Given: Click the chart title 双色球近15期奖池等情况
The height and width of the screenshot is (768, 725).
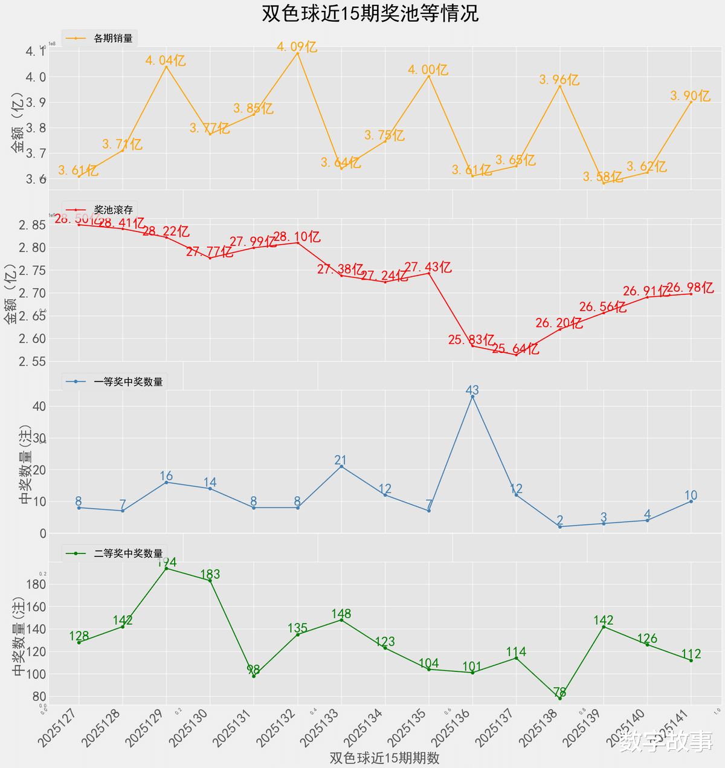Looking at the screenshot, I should (x=370, y=13).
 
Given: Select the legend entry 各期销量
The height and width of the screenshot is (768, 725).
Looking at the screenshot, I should (x=113, y=38).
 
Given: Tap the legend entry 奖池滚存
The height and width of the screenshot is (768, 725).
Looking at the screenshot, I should (x=113, y=210).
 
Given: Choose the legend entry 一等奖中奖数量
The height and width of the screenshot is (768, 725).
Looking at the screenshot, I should (x=128, y=381).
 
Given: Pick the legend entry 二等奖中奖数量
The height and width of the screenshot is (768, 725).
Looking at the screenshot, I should (x=128, y=553).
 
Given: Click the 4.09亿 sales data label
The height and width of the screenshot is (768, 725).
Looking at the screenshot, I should (x=297, y=47).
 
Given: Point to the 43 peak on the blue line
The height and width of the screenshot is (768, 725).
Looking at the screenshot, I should (x=472, y=396).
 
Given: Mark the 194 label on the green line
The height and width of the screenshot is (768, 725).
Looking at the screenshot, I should (x=167, y=563).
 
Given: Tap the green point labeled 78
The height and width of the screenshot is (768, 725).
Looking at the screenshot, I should (x=560, y=698).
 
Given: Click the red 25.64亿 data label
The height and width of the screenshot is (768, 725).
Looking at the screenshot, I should (x=515, y=349).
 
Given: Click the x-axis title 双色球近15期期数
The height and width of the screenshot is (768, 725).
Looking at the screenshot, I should (x=384, y=758).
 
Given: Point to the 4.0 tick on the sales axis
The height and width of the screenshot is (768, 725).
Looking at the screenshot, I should (x=36, y=77).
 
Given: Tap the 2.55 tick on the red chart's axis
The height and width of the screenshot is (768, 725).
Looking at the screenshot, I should (x=32, y=361).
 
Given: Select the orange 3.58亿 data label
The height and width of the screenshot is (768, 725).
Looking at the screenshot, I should (x=602, y=176).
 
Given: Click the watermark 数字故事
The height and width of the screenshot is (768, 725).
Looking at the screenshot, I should (x=666, y=741).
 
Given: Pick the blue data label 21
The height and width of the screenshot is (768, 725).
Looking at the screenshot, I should (x=341, y=460).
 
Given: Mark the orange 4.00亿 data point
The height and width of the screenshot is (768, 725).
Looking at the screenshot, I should (x=429, y=76).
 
